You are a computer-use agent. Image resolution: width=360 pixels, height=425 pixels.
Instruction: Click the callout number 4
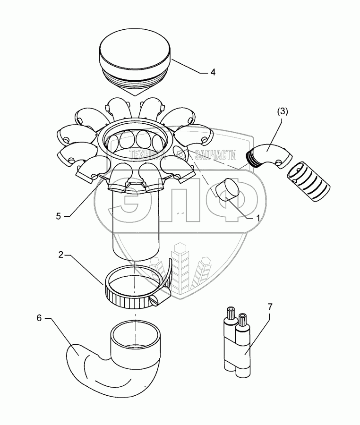coord(213,72)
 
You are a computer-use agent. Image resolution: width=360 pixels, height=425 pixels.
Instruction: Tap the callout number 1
coord(257,218)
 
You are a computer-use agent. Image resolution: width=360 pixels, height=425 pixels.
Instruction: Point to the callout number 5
coord(58,216)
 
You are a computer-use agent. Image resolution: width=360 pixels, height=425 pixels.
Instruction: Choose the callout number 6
coord(40,319)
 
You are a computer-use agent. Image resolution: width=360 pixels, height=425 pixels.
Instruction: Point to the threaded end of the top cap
coord(135,80)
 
